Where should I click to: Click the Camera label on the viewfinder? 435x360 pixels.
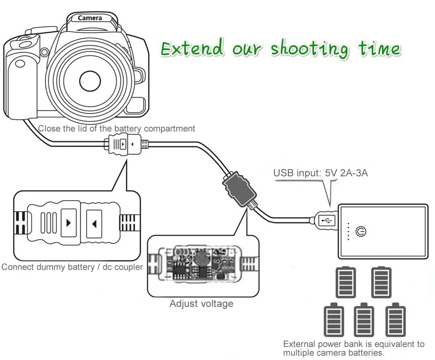coord(90,18)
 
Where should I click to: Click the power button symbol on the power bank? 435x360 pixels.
coord(361,231)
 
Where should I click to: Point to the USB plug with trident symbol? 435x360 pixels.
coord(326,221)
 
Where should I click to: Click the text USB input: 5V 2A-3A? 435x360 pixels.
coord(321,173)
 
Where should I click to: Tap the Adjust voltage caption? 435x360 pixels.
coord(201,303)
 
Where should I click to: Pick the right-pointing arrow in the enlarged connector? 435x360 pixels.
coord(67,223)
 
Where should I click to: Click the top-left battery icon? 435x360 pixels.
coord(346,282)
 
